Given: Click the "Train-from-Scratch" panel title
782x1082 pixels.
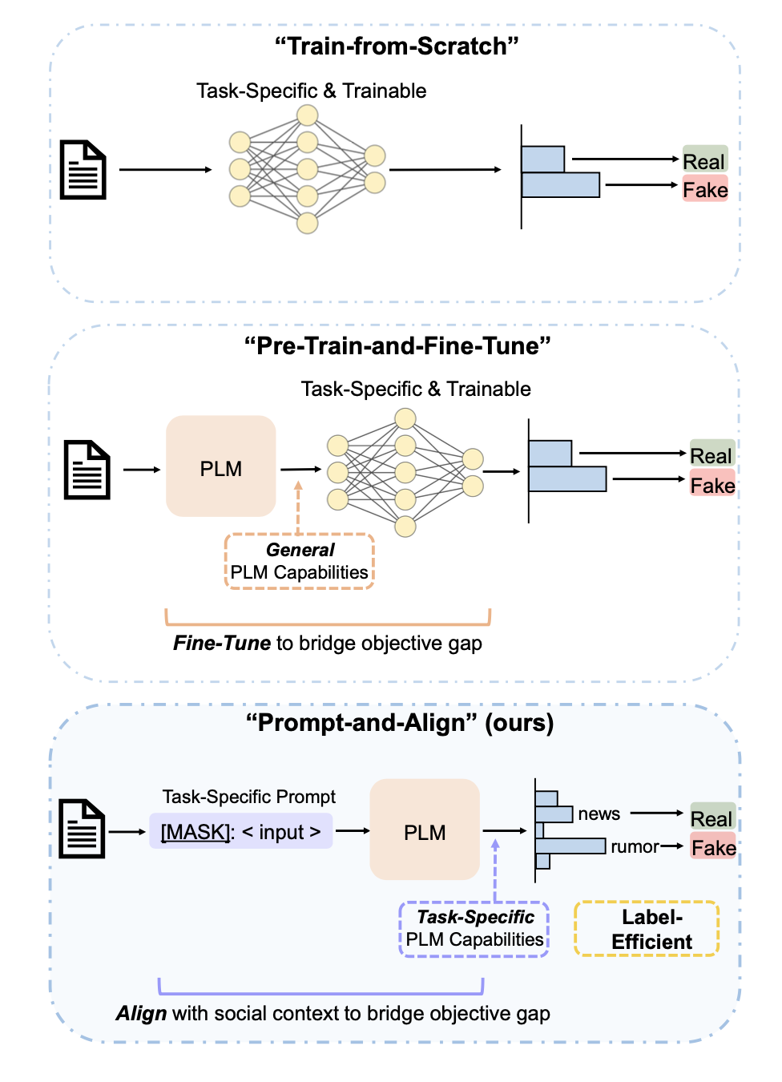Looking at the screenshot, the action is pos(396,46).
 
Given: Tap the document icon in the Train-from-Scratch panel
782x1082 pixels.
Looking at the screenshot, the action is pos(83,170).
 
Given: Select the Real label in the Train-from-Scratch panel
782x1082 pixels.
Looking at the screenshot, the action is pos(705,159).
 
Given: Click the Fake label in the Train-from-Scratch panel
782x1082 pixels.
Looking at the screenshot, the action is pos(705,188).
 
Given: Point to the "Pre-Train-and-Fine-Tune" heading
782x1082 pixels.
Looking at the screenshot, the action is pos(397,346).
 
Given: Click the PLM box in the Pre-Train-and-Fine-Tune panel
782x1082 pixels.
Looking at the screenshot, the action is pos(220,466).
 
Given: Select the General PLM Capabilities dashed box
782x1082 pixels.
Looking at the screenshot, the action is pos(300,561).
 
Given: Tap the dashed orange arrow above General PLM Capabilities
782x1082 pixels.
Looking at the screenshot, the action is pos(298,507).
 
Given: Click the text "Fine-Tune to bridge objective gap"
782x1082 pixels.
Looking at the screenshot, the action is pos(328,644).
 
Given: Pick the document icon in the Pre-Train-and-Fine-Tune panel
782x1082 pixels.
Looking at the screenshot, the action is pos(87,470).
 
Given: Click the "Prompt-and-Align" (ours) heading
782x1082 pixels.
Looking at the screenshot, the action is pos(400,723).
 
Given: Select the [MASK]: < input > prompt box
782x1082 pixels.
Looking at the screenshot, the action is pos(240,831).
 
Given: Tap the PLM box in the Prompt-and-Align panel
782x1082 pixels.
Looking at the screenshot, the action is pos(425,830).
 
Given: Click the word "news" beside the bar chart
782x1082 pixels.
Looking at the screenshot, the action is pos(599,814).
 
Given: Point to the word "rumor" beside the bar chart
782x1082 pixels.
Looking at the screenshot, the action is pos(635,846).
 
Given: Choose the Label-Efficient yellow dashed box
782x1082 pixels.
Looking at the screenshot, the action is pos(647,928).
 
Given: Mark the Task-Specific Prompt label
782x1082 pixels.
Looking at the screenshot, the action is pos(248,797).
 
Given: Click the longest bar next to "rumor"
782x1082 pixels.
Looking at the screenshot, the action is pos(570,846).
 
